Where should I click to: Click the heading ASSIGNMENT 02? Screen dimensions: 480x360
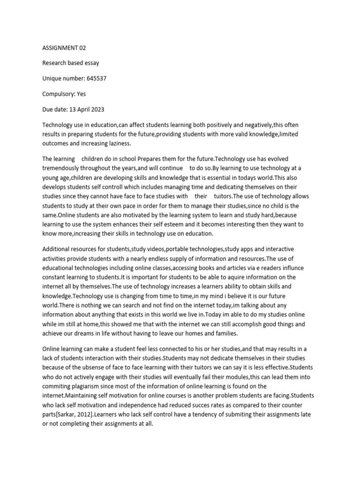64,48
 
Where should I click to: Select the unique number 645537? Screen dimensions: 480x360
97,78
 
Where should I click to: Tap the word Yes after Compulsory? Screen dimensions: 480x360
81,94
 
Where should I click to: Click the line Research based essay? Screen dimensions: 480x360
71,63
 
